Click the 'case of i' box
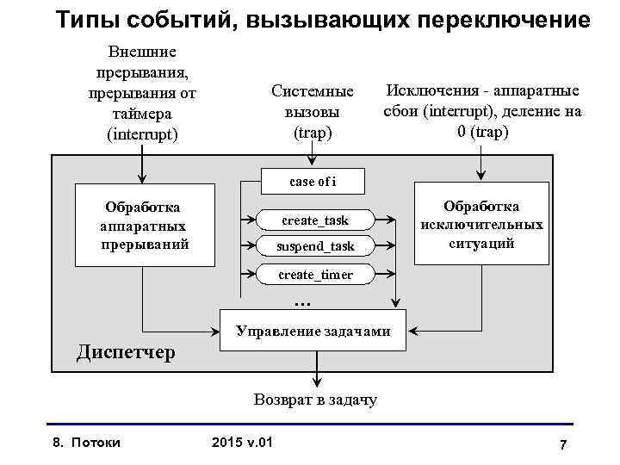[313, 181]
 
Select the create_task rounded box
[314, 220]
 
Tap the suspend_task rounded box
[315, 246]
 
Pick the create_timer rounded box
[315, 275]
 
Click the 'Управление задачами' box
[313, 331]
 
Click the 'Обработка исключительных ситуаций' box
[481, 225]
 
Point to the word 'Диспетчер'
[126, 352]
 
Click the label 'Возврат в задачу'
[315, 400]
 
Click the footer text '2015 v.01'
[242, 443]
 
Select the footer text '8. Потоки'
[87, 443]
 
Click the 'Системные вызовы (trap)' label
[312, 112]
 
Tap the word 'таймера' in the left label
[142, 114]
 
